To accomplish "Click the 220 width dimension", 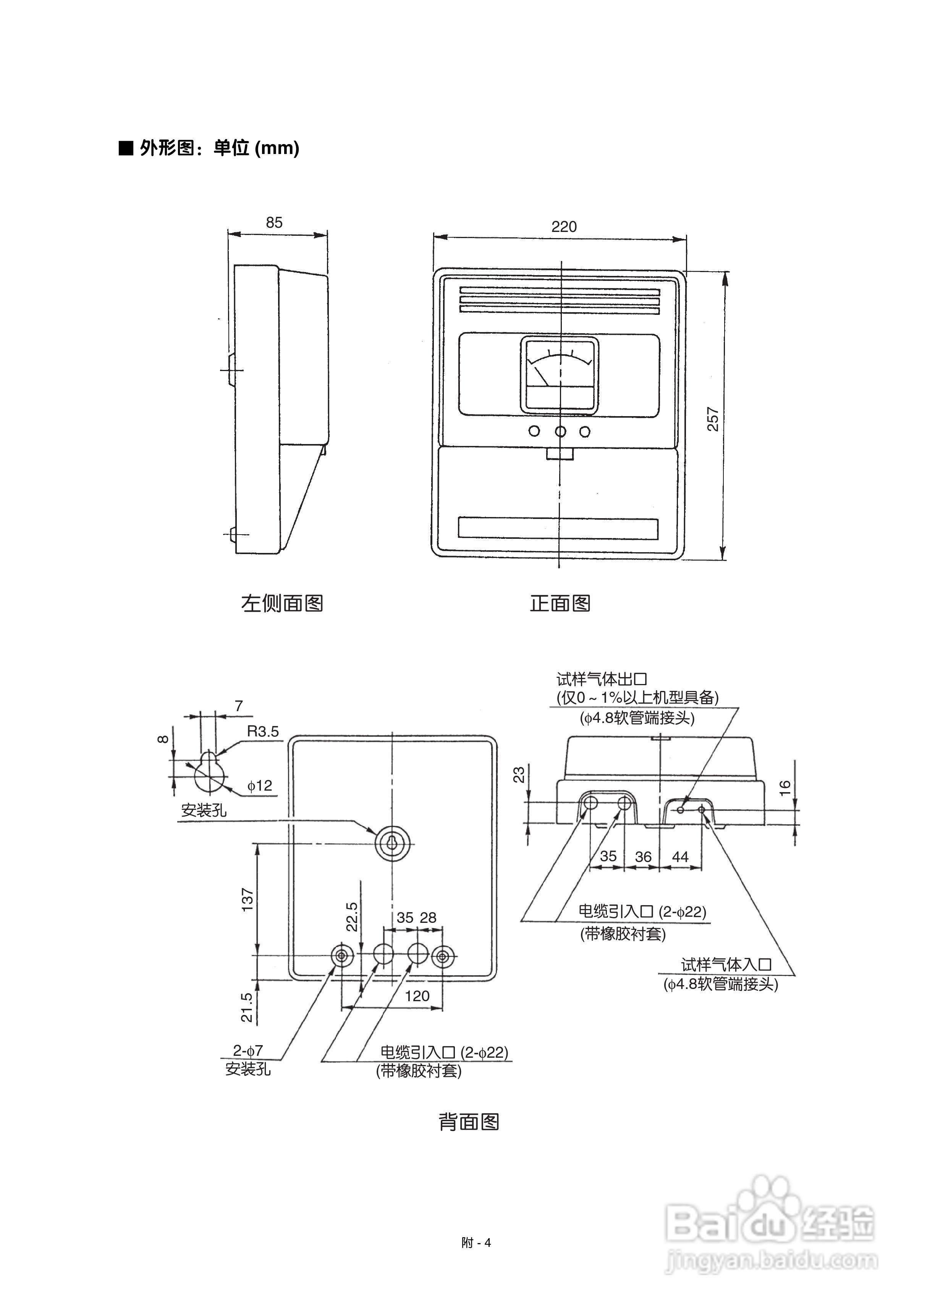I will (564, 227).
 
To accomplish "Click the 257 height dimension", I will (713, 419).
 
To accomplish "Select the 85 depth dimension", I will (274, 223).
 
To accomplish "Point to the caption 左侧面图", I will (281, 603).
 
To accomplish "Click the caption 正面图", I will (560, 603).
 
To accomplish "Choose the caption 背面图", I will (469, 1122).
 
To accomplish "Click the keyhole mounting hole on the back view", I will (392, 844).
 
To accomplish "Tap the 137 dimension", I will (247, 900).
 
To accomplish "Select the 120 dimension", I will (417, 996).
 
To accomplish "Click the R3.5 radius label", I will (262, 731).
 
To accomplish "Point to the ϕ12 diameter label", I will (260, 786).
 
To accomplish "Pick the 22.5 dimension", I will (352, 916).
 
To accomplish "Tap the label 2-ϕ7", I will (247, 1050).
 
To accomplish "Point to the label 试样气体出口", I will (602, 679).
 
